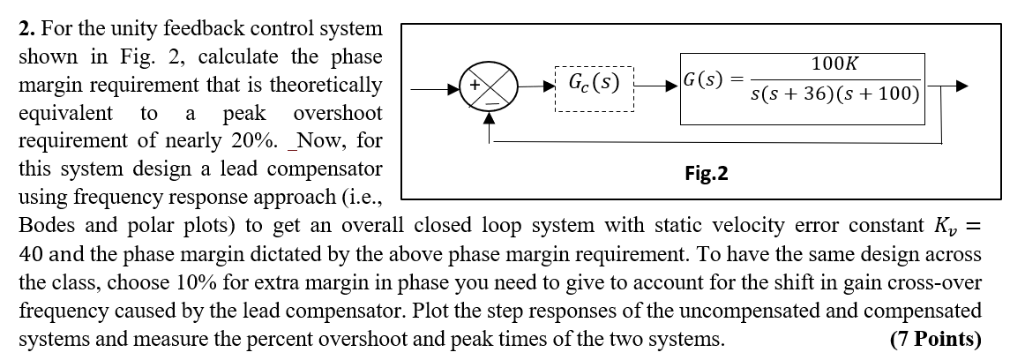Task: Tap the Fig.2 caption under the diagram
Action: point(707,173)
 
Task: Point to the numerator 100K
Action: point(834,64)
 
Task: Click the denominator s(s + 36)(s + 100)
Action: point(835,95)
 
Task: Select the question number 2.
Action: point(24,29)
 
